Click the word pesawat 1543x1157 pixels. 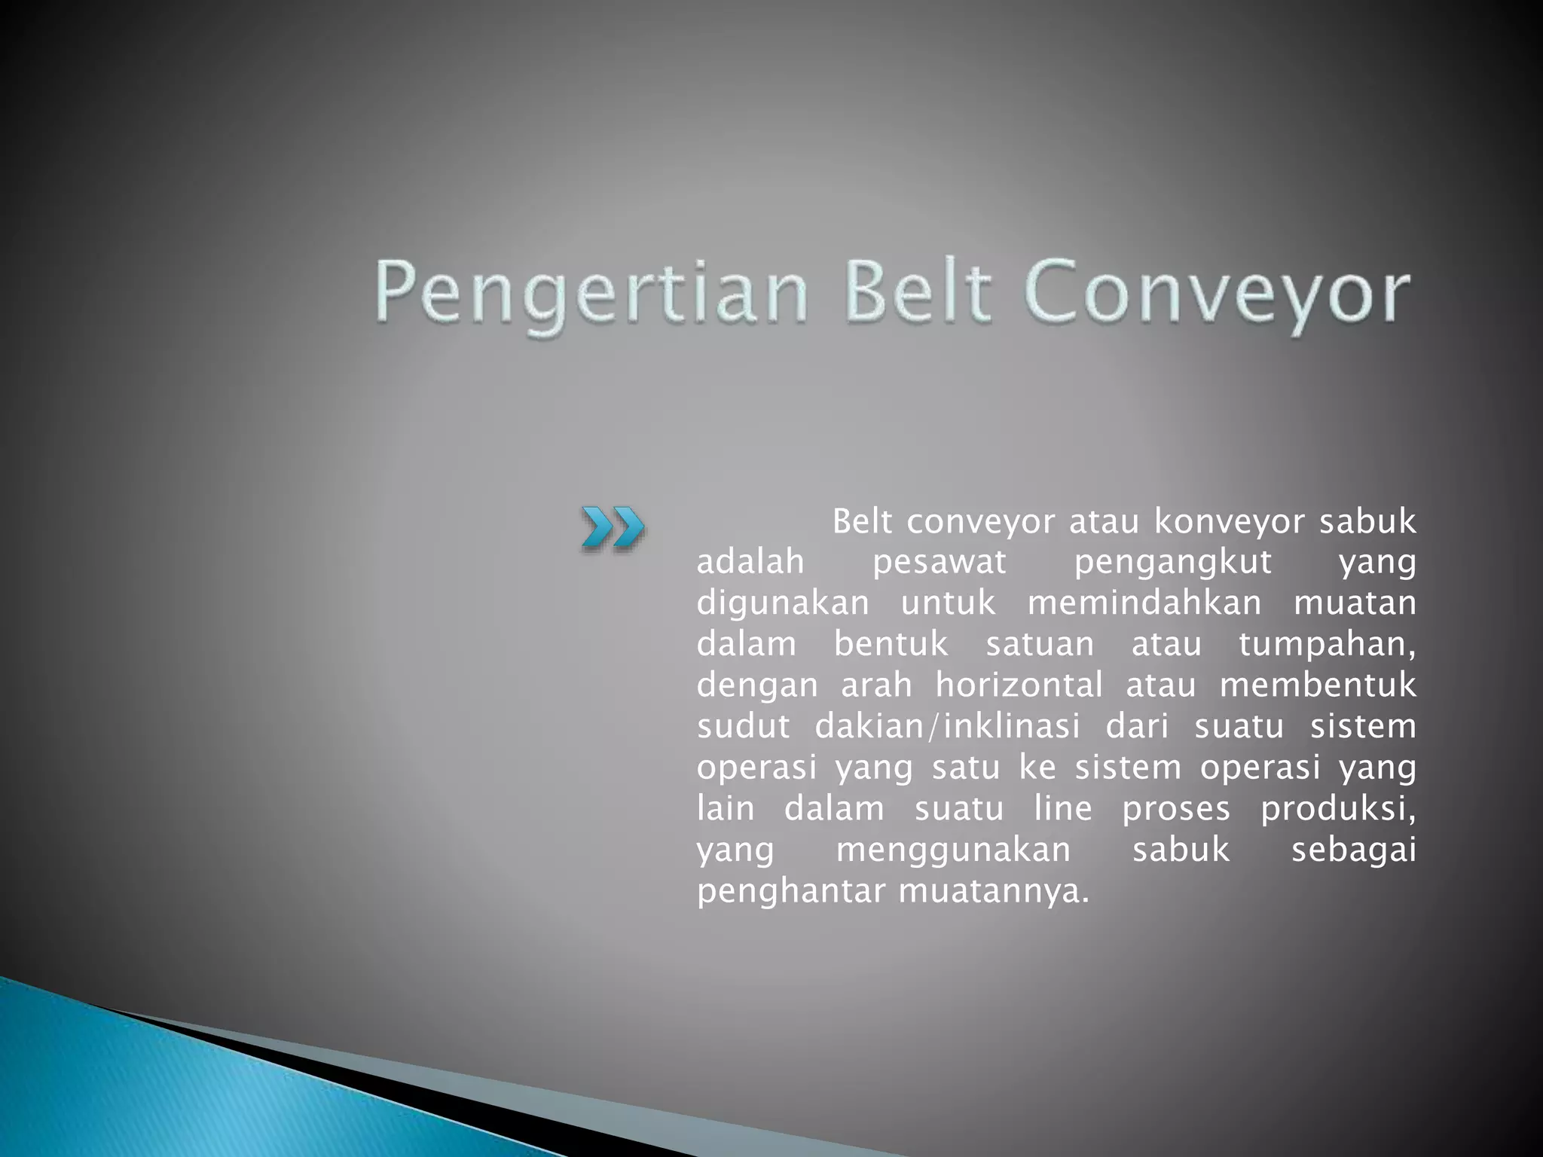[x=939, y=562]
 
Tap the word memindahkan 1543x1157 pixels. [x=1144, y=603]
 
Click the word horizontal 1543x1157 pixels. [x=1019, y=685]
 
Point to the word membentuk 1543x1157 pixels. [x=1318, y=685]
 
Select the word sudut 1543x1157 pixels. [x=743, y=726]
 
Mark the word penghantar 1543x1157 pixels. [x=790, y=892]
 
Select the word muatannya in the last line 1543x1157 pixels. [x=994, y=892]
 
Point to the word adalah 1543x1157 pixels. [x=750, y=562]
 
